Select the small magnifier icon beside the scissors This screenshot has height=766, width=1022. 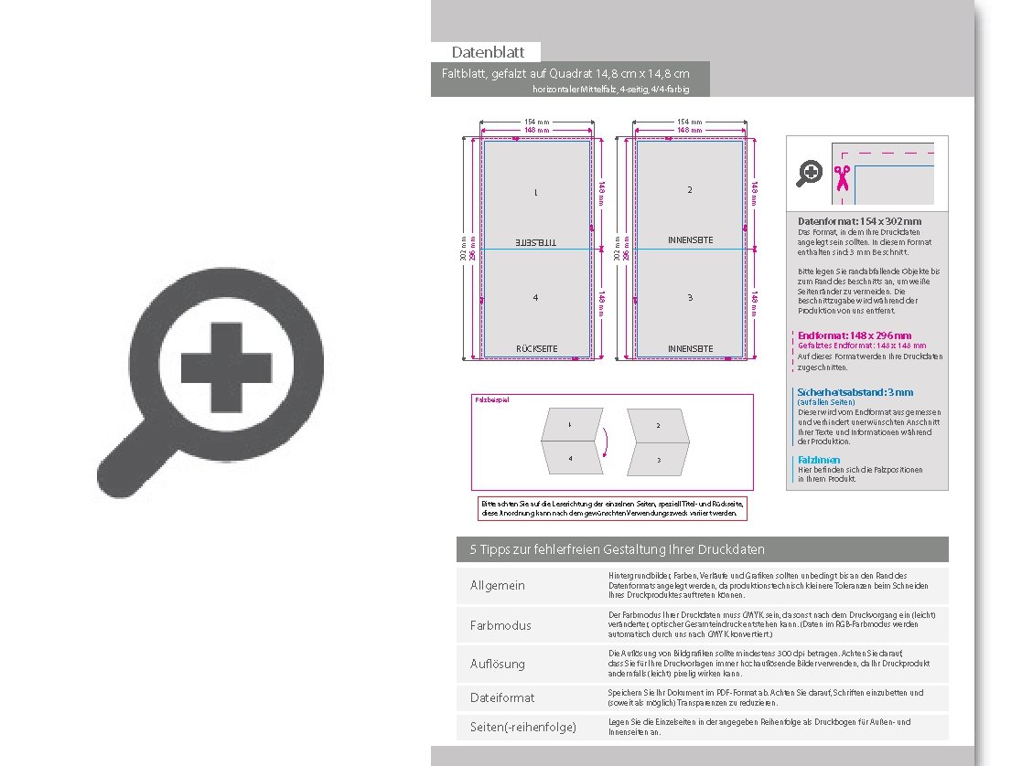click(810, 173)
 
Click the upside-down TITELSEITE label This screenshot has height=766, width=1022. click(536, 242)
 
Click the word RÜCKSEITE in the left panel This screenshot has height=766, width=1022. click(536, 348)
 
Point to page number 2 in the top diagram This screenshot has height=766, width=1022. click(690, 190)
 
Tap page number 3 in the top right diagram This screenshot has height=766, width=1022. click(690, 298)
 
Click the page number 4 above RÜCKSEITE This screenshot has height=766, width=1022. click(536, 298)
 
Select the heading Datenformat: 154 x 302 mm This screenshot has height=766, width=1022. click(859, 221)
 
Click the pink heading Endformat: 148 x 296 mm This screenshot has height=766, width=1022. click(855, 335)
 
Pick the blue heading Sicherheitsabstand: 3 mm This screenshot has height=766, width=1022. click(855, 392)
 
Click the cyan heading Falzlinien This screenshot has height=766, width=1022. click(818, 460)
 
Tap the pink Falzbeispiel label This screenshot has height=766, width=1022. click(491, 399)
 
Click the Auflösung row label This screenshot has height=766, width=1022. click(498, 664)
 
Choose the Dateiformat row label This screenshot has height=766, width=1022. click(501, 697)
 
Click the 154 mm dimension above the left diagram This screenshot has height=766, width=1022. click(536, 122)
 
